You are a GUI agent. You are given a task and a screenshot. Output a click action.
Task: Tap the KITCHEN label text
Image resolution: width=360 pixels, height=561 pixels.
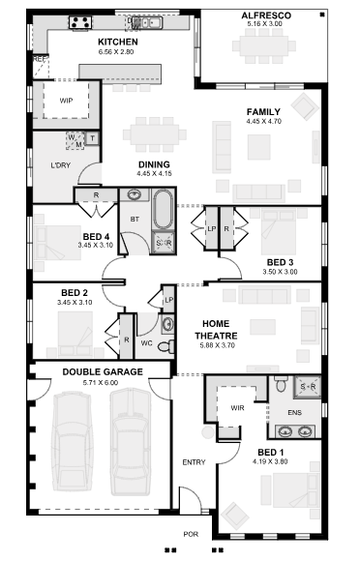point(118,43)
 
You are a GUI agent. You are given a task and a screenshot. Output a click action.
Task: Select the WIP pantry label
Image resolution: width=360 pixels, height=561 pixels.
point(67,100)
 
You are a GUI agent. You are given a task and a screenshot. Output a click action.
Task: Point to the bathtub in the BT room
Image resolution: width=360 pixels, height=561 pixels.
point(162,209)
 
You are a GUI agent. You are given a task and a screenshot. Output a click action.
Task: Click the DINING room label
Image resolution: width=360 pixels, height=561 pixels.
point(154,164)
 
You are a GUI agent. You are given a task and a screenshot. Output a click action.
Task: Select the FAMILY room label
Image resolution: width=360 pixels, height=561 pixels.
point(263,112)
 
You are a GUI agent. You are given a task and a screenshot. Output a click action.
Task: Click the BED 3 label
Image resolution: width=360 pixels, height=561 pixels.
point(281,262)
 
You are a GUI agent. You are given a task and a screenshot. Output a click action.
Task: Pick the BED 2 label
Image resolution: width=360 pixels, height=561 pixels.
point(75,292)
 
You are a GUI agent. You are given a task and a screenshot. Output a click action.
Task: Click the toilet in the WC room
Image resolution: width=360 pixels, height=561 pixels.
point(164,345)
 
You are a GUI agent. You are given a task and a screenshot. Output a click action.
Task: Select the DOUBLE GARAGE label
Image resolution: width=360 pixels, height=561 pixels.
point(103,371)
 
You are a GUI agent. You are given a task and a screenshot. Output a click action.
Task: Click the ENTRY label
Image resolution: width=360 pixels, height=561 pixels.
point(195,462)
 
